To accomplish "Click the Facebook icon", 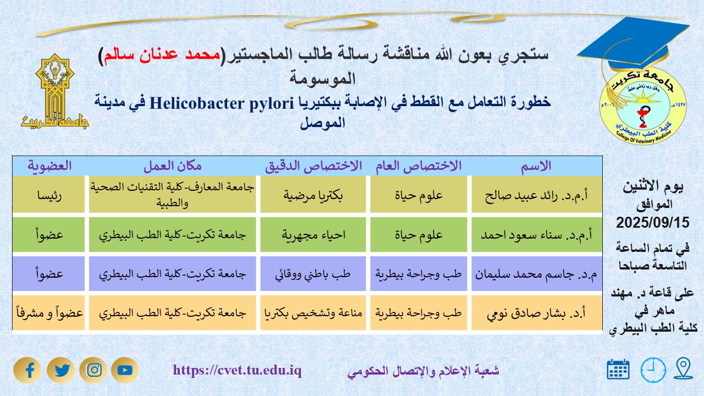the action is click(28, 370).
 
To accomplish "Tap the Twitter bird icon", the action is click(61, 370).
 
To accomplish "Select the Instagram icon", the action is click(94, 370).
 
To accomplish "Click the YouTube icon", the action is click(125, 370).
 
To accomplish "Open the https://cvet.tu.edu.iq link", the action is click(237, 370).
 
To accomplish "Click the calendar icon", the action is click(618, 370).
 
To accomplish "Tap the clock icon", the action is click(653, 370).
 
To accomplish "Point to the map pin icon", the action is click(683, 368).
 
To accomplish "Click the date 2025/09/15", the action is click(653, 223).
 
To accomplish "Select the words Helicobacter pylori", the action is click(222, 103).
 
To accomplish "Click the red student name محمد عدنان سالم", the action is click(162, 54).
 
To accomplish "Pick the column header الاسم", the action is click(536, 166).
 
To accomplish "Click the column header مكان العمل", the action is click(173, 166).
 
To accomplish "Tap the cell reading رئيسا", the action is click(50, 195).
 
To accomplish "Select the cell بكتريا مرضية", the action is click(313, 195).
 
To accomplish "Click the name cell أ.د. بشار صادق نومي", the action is click(536, 313).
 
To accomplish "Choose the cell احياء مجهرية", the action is click(313, 235).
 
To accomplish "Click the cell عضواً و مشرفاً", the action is click(50, 313).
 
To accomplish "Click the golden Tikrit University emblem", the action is click(55, 91).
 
